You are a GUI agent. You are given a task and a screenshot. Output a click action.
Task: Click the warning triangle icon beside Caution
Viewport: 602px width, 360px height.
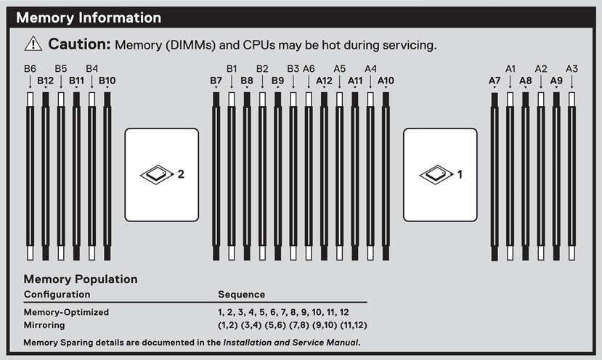[x=33, y=44]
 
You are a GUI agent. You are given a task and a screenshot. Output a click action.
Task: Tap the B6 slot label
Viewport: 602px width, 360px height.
[x=30, y=69]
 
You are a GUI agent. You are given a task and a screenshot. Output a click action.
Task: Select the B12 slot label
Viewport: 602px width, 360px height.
[x=45, y=81]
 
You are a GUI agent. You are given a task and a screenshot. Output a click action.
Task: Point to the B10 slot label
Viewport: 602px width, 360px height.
[x=107, y=81]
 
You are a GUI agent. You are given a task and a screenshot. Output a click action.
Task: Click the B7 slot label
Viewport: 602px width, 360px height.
[x=216, y=81]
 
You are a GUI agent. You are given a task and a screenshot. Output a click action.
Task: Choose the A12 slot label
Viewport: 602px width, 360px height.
[x=324, y=81]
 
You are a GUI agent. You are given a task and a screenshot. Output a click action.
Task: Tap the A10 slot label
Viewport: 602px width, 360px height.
[x=386, y=81]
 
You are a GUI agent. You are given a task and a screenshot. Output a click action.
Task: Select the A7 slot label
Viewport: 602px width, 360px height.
[x=495, y=81]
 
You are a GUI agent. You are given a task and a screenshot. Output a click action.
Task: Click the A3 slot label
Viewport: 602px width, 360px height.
[x=572, y=69]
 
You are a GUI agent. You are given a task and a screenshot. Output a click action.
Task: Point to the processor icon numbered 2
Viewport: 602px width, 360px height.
[x=157, y=175]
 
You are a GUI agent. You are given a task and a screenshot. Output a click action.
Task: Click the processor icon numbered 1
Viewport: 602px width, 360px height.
[x=436, y=175]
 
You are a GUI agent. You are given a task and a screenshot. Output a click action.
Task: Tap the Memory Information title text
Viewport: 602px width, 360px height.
[x=89, y=17]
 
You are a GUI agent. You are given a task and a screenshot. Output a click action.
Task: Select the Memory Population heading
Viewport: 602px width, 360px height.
[x=81, y=279]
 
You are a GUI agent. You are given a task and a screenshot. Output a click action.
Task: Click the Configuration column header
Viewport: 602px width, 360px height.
[x=57, y=295]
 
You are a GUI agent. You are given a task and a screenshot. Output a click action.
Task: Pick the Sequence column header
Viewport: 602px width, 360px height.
[x=242, y=295]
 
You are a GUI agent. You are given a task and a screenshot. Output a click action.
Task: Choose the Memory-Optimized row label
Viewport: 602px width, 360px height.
[x=66, y=312]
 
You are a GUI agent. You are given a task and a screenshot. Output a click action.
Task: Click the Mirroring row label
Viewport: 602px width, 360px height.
[x=44, y=325]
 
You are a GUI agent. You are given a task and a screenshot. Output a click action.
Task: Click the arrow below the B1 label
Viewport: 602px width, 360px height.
[x=232, y=82]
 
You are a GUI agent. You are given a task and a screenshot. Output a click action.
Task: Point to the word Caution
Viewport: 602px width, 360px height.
[x=79, y=44]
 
